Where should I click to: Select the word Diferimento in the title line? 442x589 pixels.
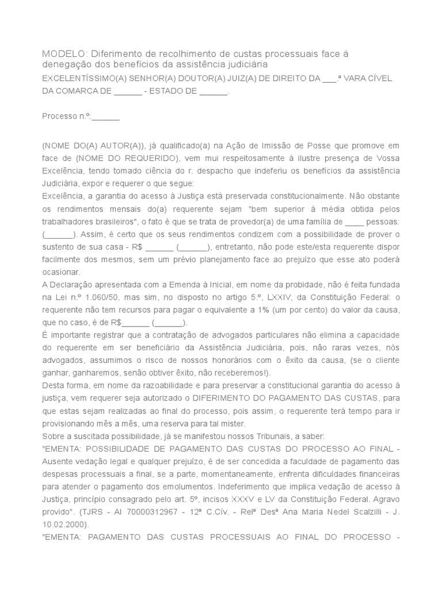(x=119, y=53)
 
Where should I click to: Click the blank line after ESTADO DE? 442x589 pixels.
(x=214, y=91)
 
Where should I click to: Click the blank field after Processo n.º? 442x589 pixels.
(x=105, y=116)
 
